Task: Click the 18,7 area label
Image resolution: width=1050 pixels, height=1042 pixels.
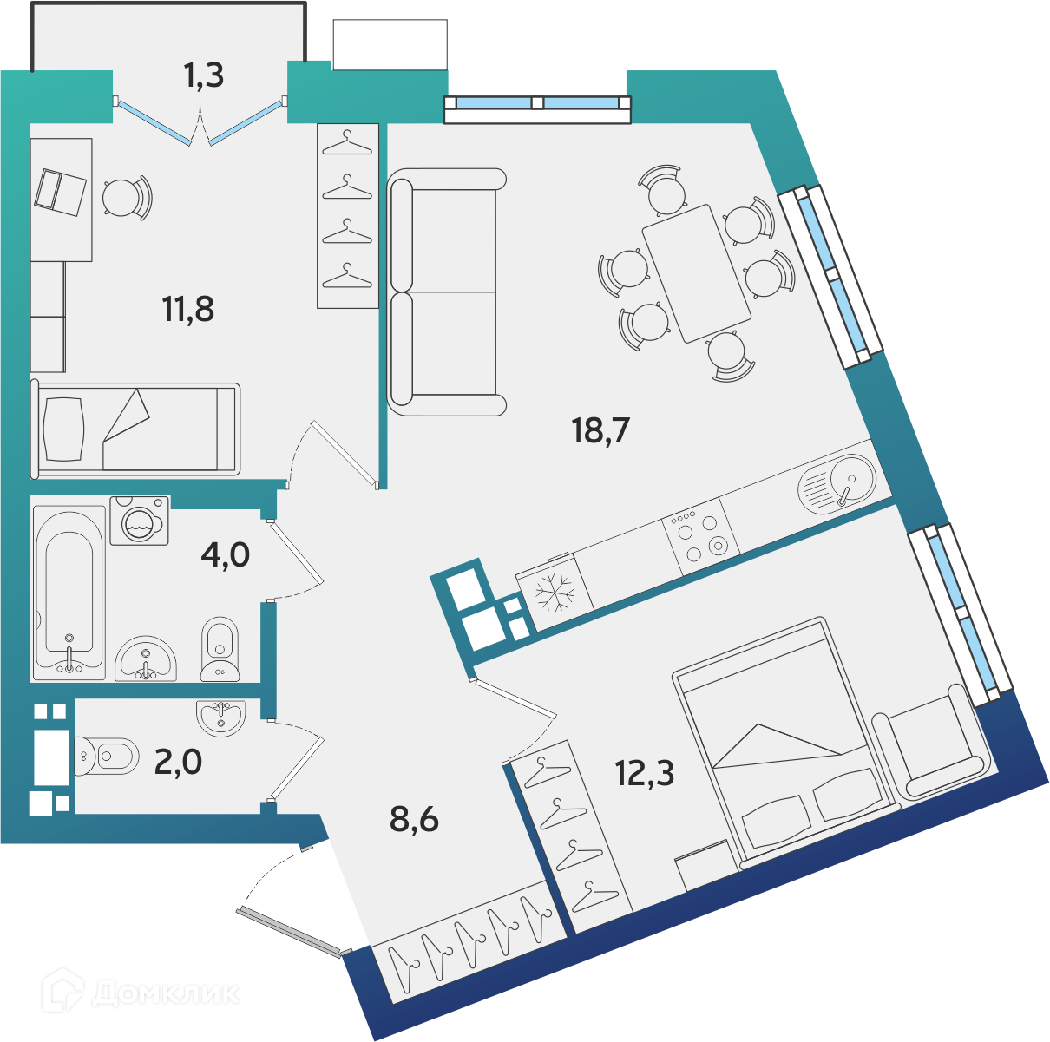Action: coord(600,430)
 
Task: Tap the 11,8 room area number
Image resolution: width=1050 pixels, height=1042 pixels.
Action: coord(188,309)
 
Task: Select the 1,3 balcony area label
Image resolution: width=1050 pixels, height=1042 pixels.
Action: coord(204,75)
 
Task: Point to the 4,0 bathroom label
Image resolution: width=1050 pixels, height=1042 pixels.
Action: coord(225,554)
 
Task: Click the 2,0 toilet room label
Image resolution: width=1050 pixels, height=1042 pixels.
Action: coord(178,762)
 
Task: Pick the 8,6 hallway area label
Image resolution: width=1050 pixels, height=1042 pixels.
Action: coord(414,819)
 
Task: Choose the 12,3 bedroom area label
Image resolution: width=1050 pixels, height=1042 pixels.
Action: coord(645,773)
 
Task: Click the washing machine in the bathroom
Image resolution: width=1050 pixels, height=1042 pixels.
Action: coord(140,521)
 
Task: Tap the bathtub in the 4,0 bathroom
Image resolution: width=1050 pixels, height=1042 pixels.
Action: coord(69,593)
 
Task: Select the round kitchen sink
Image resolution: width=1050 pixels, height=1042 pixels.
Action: coord(837,483)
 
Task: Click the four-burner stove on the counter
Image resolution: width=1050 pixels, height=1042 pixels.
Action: coord(700,537)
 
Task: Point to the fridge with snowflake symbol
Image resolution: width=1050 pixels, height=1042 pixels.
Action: coord(555,593)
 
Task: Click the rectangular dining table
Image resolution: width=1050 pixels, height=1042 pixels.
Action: coord(697,273)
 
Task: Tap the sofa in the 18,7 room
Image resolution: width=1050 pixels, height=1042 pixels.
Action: coord(446,292)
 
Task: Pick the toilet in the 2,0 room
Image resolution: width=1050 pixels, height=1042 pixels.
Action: coord(106,756)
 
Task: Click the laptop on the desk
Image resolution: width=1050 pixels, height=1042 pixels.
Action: coord(61,193)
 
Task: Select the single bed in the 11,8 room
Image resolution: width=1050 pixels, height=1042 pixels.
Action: coord(136,429)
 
